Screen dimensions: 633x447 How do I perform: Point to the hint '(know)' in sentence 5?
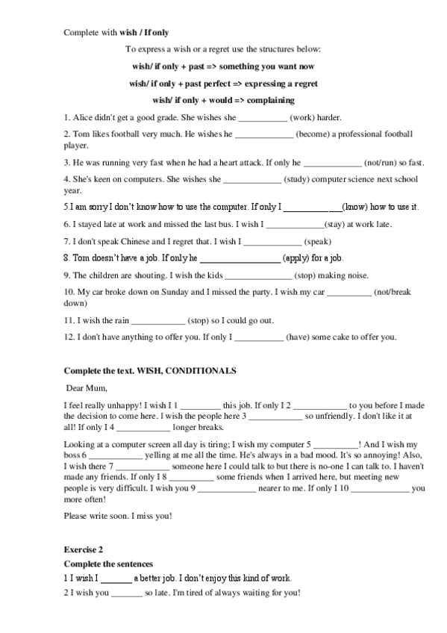tap(354, 207)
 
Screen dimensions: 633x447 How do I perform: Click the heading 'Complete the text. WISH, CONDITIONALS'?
tap(150, 370)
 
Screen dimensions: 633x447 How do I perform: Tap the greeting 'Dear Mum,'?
tap(87, 387)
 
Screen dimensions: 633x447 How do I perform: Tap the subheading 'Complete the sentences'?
tap(108, 564)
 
